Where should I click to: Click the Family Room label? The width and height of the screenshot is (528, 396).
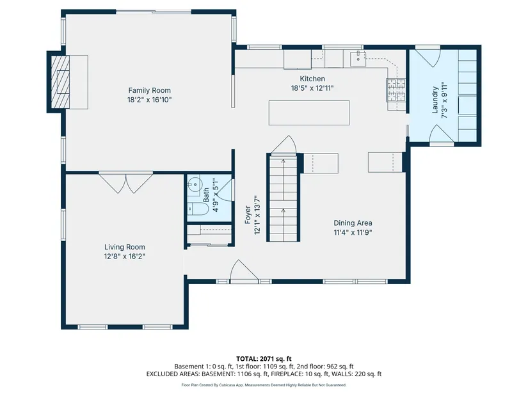tap(150, 90)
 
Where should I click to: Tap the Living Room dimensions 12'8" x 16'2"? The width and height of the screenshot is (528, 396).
tap(125, 257)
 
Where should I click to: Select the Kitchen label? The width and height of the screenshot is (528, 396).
tap(312, 79)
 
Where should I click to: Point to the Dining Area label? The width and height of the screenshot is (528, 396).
tap(353, 223)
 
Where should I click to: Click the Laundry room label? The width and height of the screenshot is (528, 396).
tap(435, 100)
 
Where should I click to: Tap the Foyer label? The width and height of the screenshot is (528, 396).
tap(248, 215)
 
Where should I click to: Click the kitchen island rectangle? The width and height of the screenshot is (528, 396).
tap(309, 113)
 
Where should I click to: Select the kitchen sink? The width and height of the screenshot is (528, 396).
tap(358, 59)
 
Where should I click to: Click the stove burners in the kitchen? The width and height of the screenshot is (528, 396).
tap(396, 90)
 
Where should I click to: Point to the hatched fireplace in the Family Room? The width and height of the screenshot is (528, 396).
tap(60, 82)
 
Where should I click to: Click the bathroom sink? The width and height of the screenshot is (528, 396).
tap(194, 184)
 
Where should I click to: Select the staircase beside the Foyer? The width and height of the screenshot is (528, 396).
tap(283, 198)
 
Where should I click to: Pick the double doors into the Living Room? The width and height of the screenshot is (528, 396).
tap(126, 183)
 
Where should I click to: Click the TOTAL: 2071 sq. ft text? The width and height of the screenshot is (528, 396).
tap(264, 359)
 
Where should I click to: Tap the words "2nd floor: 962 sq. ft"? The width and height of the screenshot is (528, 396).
tap(325, 367)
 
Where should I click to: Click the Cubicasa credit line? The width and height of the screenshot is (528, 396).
tap(264, 385)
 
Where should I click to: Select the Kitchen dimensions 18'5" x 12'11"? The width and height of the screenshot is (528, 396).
tap(312, 88)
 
